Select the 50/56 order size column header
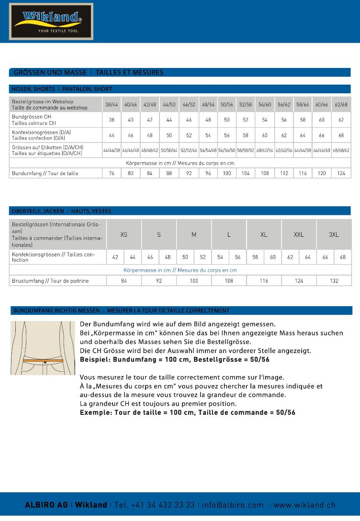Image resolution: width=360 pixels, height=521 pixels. click(x=226, y=104)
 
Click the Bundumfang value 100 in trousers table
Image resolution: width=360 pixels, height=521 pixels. click(x=226, y=173)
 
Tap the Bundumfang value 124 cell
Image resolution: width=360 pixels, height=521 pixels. click(x=341, y=173)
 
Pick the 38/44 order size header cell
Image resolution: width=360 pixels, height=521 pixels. click(x=112, y=104)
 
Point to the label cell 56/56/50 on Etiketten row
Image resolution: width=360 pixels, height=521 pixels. click(x=226, y=150)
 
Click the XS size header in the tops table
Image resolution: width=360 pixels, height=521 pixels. click(x=124, y=234)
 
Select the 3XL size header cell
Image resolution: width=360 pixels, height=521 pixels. click(x=334, y=234)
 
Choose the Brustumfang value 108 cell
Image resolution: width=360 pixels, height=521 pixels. click(x=229, y=281)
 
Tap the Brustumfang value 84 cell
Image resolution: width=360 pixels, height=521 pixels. click(x=124, y=281)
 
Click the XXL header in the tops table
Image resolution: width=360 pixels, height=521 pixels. click(x=299, y=234)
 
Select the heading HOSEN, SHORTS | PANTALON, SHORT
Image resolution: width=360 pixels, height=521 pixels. click(x=62, y=89)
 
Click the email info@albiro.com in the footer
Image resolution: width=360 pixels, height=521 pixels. click(x=233, y=505)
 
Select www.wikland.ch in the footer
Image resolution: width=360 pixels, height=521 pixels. click(x=304, y=505)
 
